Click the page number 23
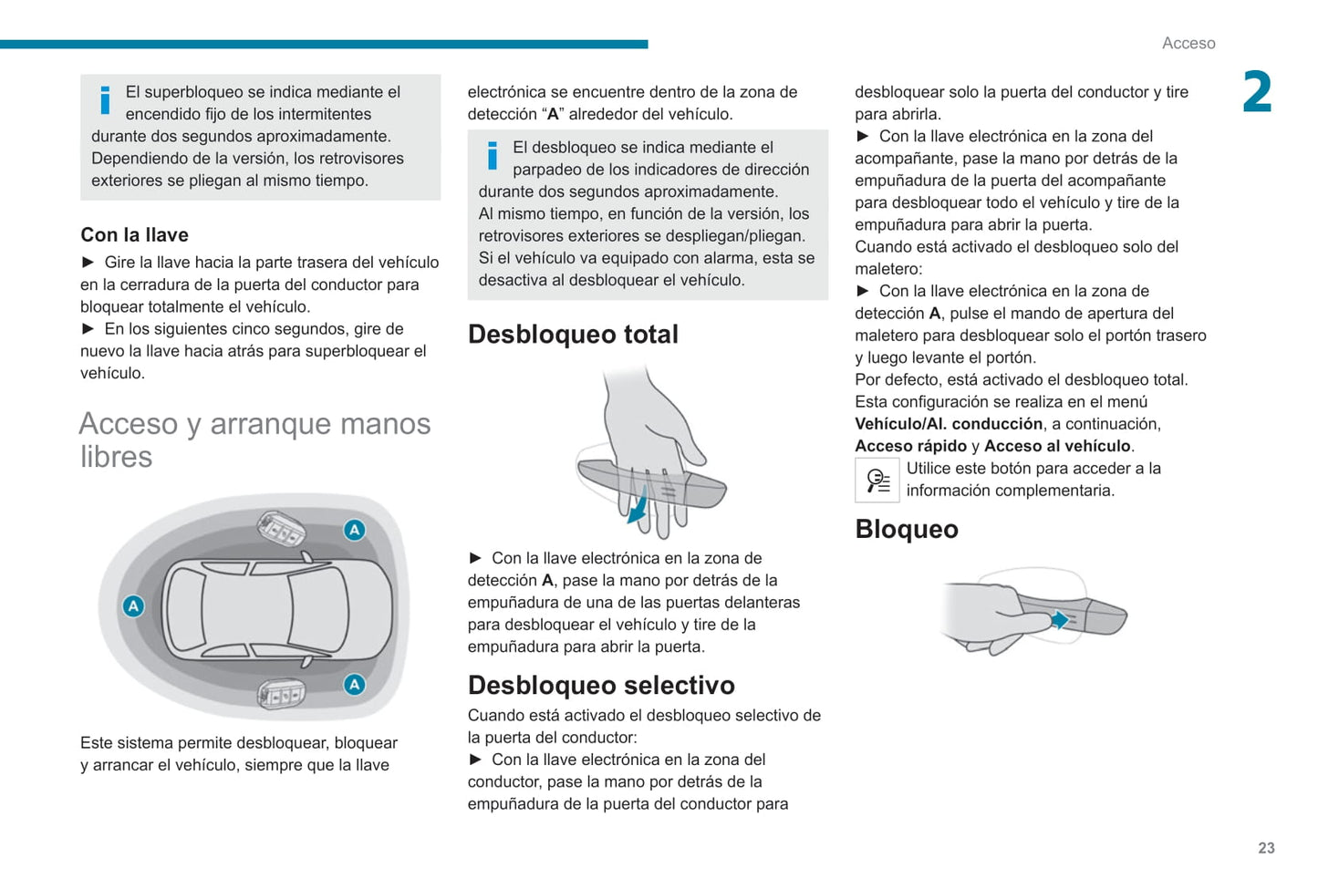click(x=1266, y=848)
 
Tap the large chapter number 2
click(x=1257, y=93)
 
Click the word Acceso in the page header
click(x=1188, y=43)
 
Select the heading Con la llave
click(x=134, y=234)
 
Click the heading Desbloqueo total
click(x=573, y=335)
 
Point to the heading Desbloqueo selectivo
click(x=601, y=685)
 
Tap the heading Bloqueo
click(x=907, y=529)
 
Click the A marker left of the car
click(x=133, y=605)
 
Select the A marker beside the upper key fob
click(x=354, y=530)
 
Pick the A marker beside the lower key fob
click(x=354, y=684)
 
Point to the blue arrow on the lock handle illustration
click(x=1058, y=620)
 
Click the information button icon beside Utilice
click(x=877, y=480)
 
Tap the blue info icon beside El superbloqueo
click(x=105, y=100)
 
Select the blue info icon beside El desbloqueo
click(x=493, y=156)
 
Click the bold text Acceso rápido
click(x=910, y=446)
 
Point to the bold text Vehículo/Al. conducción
click(x=949, y=424)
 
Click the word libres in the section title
click(x=116, y=457)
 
